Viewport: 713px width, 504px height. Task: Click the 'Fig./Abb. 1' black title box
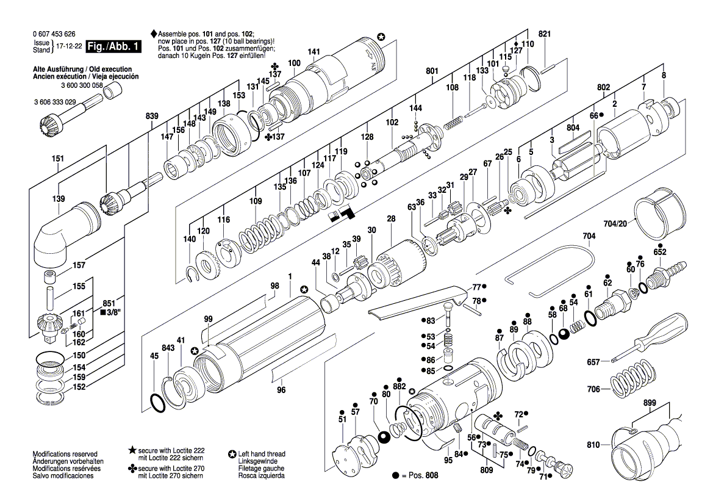pyautogui.click(x=113, y=46)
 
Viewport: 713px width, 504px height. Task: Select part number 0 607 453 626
pyautogui.click(x=54, y=34)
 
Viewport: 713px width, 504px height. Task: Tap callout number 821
pyautogui.click(x=544, y=34)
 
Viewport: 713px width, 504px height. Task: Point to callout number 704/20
pyautogui.click(x=615, y=223)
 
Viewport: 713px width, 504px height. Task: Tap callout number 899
pyautogui.click(x=650, y=403)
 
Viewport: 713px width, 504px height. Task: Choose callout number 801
pyautogui.click(x=432, y=71)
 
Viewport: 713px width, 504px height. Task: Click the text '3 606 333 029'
pyautogui.click(x=55, y=102)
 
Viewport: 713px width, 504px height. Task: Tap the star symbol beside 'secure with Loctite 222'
pyautogui.click(x=132, y=450)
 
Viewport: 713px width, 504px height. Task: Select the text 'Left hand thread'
pyautogui.click(x=262, y=453)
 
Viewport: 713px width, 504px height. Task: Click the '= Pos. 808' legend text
pyautogui.click(x=419, y=475)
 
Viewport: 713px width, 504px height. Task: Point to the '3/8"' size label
pyautogui.click(x=111, y=312)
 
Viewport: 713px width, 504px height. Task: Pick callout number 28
pyautogui.click(x=391, y=218)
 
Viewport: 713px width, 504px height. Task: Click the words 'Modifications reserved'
pyautogui.click(x=65, y=453)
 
